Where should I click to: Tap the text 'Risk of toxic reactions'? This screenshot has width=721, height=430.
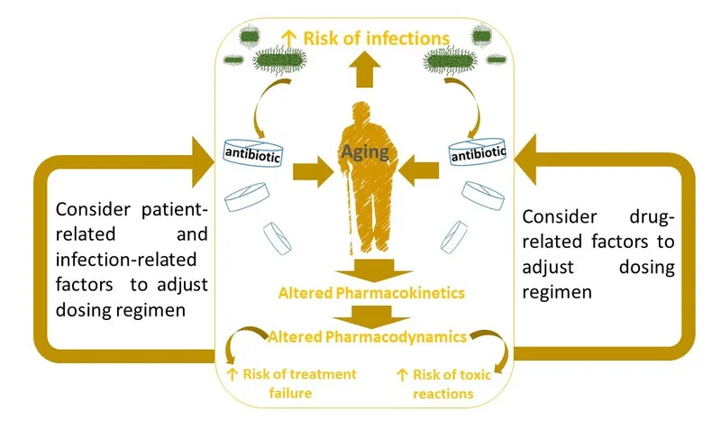445,382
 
